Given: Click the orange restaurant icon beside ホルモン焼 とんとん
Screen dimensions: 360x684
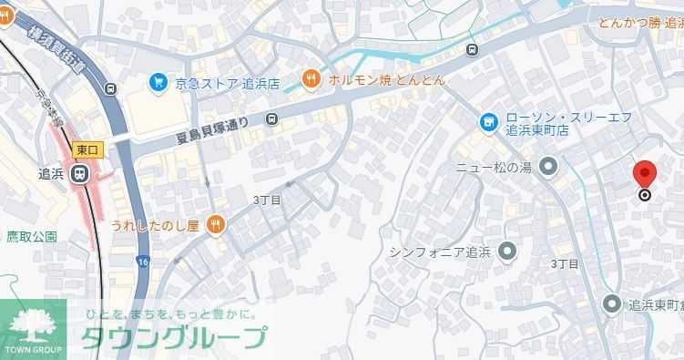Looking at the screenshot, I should point(311,79).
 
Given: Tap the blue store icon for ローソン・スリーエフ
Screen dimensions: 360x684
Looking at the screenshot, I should point(489,122).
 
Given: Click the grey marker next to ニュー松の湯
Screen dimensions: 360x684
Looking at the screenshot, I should point(548,167).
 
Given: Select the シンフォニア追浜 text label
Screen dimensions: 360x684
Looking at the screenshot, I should point(440,252).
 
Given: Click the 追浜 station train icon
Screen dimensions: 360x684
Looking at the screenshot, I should point(80,173).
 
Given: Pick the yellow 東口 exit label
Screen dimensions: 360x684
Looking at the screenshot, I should point(87,149).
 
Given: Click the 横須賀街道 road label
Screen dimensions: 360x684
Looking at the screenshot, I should point(56,46).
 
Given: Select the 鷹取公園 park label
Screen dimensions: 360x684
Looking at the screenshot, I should point(32,237).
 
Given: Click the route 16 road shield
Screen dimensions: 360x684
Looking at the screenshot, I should point(143,262).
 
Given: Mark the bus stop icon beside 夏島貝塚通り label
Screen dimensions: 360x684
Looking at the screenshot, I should point(271,118).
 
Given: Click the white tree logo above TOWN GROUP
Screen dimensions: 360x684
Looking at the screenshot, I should point(33,324).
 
